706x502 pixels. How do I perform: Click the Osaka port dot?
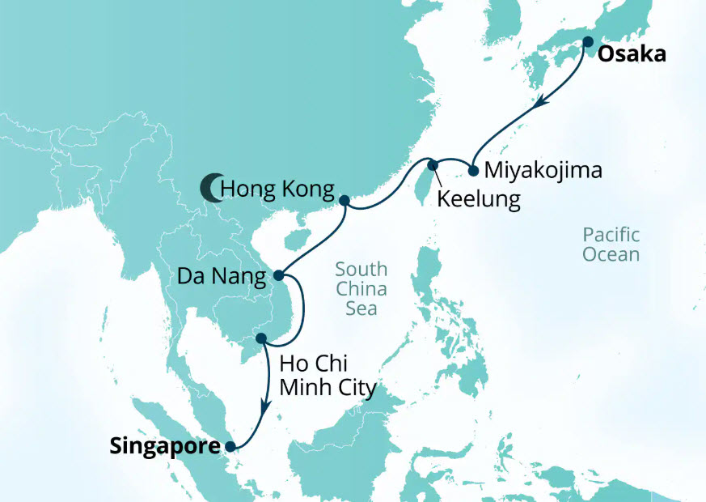tap(587, 42)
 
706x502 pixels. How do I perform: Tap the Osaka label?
tap(632, 55)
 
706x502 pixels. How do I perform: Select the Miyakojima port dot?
tap(473, 171)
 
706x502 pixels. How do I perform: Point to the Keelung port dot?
tap(433, 166)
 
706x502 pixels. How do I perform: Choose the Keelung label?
tap(477, 199)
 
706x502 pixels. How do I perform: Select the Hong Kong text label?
tap(277, 190)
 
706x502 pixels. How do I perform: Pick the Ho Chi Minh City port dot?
tap(260, 338)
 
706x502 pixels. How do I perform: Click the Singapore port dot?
tap(230, 445)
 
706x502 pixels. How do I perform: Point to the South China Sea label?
tap(361, 289)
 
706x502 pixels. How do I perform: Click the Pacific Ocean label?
tap(611, 245)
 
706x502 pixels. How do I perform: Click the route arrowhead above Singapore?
tap(262, 407)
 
